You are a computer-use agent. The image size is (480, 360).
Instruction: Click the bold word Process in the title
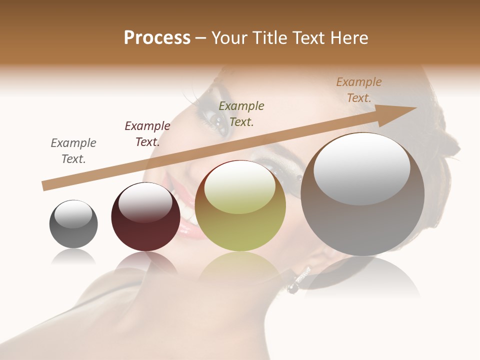pyautogui.click(x=157, y=38)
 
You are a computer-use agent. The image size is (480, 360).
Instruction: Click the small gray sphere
pyautogui.click(x=73, y=224)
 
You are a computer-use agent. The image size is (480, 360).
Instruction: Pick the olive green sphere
pyautogui.click(x=240, y=206)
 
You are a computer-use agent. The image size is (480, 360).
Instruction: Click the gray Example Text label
pyautogui.click(x=73, y=151)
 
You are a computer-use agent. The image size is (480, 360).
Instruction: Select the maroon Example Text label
pyautogui.click(x=147, y=134)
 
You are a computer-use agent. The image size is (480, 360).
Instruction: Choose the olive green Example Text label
pyautogui.click(x=241, y=113)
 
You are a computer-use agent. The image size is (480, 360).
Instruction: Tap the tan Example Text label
pyautogui.click(x=358, y=90)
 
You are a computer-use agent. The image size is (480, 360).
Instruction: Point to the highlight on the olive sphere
pyautogui.click(x=240, y=188)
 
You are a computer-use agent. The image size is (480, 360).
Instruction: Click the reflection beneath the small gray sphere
pyautogui.click(x=73, y=257)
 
